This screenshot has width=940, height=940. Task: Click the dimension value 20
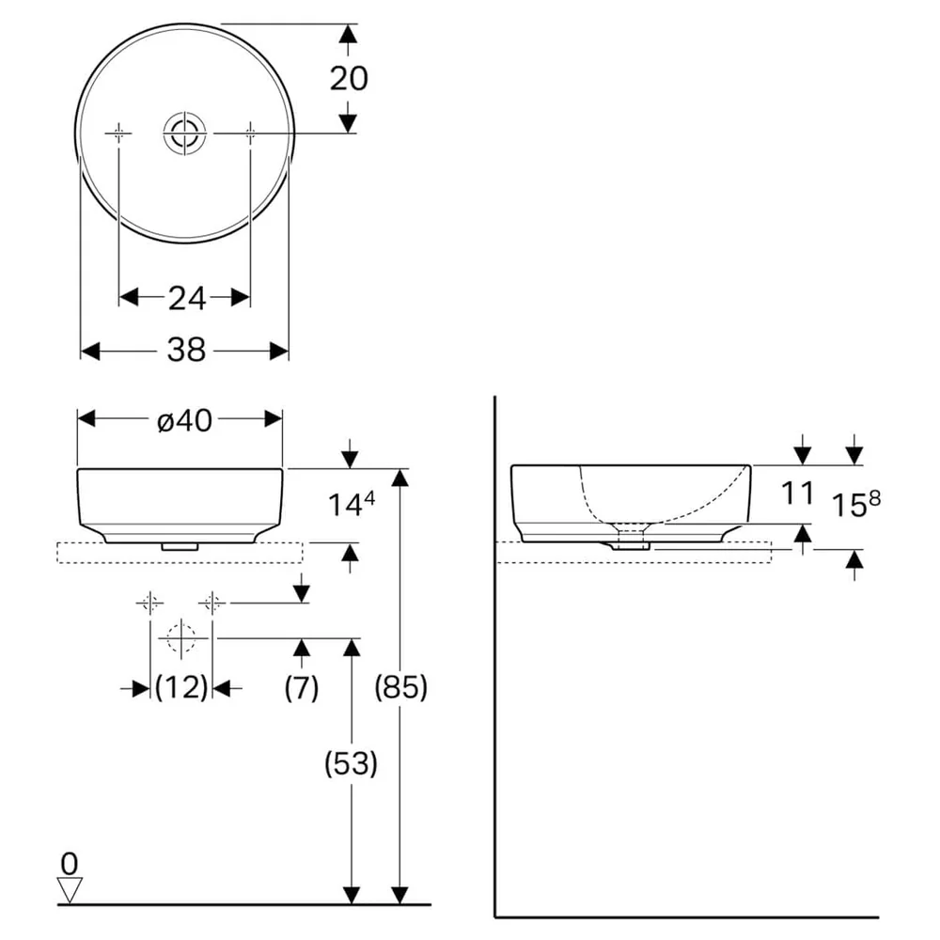[x=349, y=79]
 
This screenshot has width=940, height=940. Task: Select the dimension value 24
[x=186, y=298]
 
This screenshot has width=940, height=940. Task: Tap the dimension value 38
[x=186, y=350]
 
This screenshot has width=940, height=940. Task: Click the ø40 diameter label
[x=184, y=420]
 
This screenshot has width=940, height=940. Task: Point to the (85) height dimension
[x=401, y=686]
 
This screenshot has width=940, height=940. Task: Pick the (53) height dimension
[x=351, y=763]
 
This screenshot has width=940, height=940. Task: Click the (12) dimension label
[x=181, y=686]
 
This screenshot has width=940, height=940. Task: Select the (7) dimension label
[x=302, y=686]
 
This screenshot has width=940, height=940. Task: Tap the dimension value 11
[x=798, y=493]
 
